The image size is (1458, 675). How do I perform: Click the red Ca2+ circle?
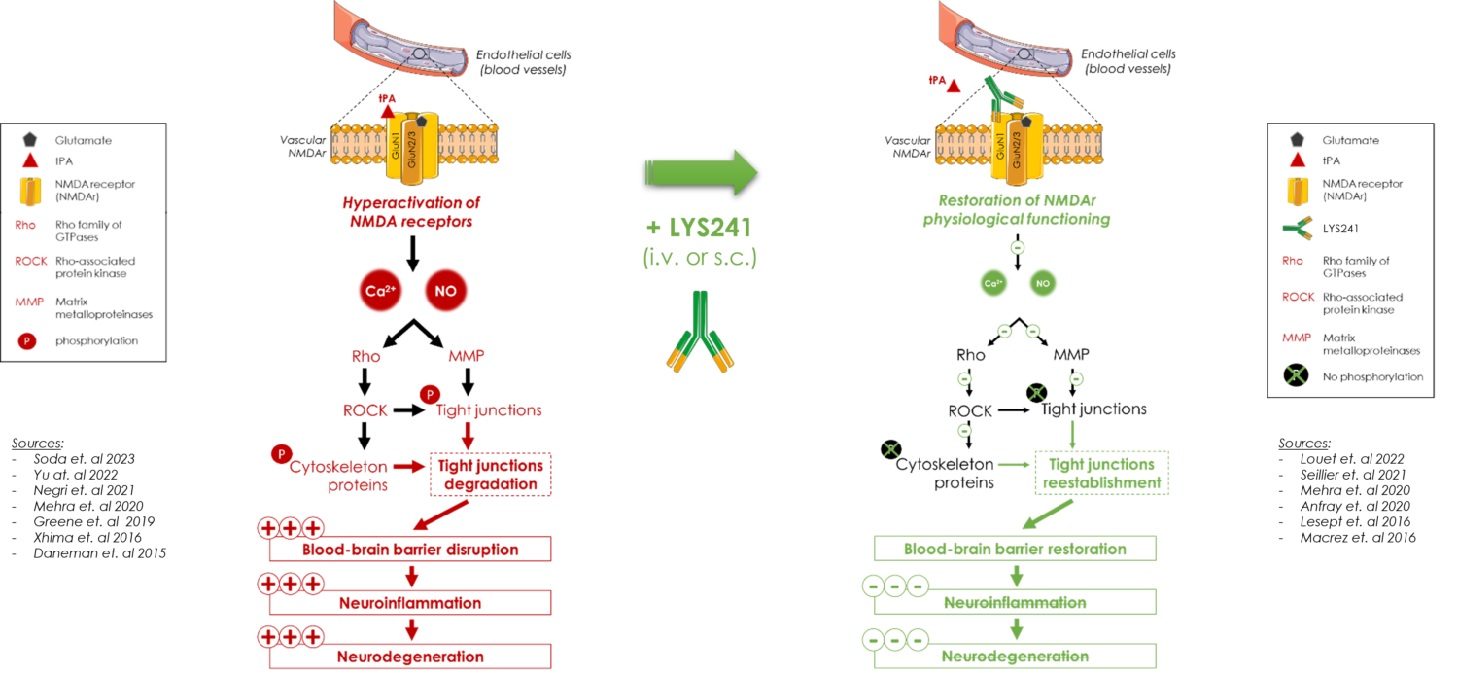pyautogui.click(x=380, y=290)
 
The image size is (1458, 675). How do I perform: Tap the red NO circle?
pyautogui.click(x=446, y=290)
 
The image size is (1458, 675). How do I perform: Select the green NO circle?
pyautogui.click(x=1042, y=283)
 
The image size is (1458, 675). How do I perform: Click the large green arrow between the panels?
pyautogui.click(x=701, y=172)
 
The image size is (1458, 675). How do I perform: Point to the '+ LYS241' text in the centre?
pyautogui.click(x=699, y=228)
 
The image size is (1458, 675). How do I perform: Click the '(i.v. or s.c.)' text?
pyautogui.click(x=699, y=258)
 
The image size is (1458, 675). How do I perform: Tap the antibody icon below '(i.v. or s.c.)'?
pyautogui.click(x=700, y=332)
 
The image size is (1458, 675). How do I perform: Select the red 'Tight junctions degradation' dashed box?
pyautogui.click(x=490, y=475)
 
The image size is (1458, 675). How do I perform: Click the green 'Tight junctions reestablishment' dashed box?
pyautogui.click(x=1101, y=473)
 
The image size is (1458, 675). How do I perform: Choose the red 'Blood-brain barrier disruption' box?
pyautogui.click(x=409, y=550)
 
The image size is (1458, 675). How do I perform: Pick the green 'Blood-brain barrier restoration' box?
pyautogui.click(x=1015, y=549)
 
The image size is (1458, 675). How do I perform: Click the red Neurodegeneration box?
pyautogui.click(x=409, y=656)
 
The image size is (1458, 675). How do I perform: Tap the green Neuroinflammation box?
pyautogui.click(x=1015, y=602)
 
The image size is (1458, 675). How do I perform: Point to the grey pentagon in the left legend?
pyautogui.click(x=30, y=140)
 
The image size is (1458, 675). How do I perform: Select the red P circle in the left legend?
pyautogui.click(x=27, y=341)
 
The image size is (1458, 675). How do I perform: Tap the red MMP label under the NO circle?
pyautogui.click(x=467, y=356)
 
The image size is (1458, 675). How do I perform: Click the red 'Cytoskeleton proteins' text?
pyautogui.click(x=336, y=476)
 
